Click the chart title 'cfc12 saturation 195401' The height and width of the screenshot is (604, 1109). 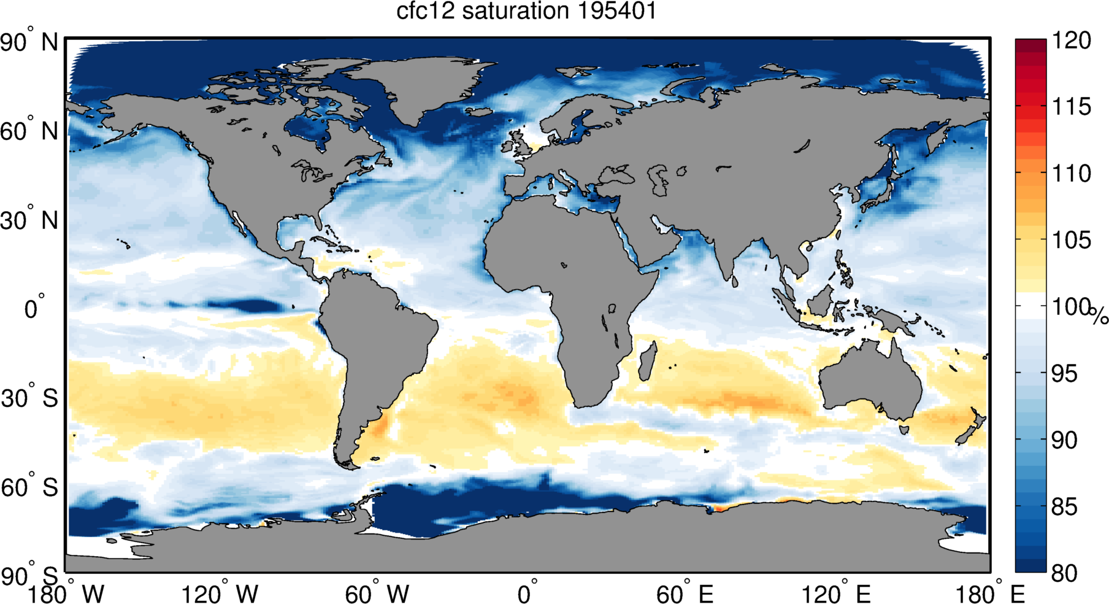point(526,11)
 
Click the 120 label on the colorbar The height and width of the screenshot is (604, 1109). point(1072,41)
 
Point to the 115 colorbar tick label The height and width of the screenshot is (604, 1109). point(1072,107)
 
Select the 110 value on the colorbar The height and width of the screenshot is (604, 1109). point(1072,173)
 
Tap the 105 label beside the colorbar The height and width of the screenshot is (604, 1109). point(1072,240)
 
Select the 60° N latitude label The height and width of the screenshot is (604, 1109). point(29,131)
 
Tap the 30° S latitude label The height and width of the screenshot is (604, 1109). point(29,398)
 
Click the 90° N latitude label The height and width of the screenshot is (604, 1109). point(29,42)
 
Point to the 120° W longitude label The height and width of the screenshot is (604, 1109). point(220,594)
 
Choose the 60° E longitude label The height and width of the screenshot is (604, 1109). point(685,594)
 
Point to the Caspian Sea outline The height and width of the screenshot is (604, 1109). point(661,179)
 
